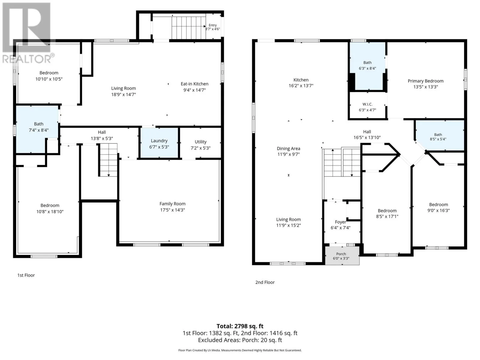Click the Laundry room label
click(159, 141)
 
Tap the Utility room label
click(200, 142)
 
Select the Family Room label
click(172, 204)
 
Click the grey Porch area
click(342, 256)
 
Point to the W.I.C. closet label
click(367, 104)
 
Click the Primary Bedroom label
click(425, 81)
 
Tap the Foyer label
click(340, 222)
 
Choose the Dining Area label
click(288, 148)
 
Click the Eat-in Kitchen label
click(194, 84)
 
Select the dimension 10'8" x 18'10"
click(50, 211)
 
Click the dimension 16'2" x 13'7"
click(301, 86)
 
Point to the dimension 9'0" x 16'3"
click(439, 210)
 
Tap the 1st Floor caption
click(26, 275)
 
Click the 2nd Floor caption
click(265, 282)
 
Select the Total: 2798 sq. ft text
click(240, 326)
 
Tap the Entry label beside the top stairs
click(213, 25)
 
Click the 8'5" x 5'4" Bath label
click(438, 137)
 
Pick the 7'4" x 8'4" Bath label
click(39, 127)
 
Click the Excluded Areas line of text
click(240, 340)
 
